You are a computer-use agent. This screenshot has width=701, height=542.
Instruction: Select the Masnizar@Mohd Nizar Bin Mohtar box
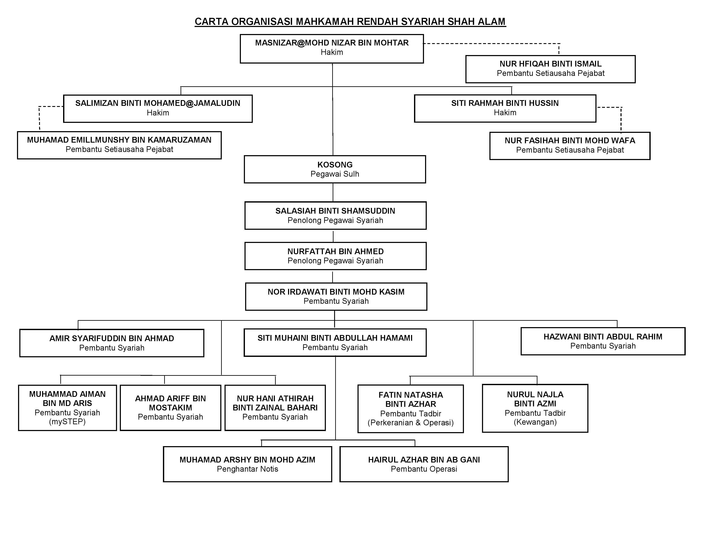[332, 49]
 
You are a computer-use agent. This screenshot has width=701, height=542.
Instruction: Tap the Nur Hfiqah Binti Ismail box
[550, 69]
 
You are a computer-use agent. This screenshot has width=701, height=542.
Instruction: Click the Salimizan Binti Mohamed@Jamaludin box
[158, 109]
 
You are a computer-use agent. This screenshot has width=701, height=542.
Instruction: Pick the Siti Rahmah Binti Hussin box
[505, 109]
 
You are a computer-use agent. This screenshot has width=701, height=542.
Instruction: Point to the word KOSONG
[335, 165]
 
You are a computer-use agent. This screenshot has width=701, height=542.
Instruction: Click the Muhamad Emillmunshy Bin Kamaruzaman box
[119, 145]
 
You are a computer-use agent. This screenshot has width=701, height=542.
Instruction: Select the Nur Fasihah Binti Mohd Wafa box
[570, 146]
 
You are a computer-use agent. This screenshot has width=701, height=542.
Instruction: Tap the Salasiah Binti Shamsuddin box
[335, 216]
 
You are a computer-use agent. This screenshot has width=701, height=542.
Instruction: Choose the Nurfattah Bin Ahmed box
[335, 256]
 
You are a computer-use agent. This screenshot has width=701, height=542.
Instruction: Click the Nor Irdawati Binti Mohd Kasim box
[336, 296]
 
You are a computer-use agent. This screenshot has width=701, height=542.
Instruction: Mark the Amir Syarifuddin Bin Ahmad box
[112, 343]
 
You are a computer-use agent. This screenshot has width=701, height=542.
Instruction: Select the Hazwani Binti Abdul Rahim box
[603, 341]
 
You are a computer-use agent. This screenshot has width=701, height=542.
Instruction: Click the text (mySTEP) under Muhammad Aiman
[67, 422]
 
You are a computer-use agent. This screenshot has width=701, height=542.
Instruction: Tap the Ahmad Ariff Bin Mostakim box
[170, 408]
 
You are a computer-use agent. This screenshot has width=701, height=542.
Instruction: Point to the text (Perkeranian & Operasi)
[411, 423]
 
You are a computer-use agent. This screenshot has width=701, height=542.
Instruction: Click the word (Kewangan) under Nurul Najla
[535, 422]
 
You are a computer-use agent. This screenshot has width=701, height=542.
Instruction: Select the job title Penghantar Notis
[247, 469]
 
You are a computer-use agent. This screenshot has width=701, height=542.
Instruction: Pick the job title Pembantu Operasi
[424, 469]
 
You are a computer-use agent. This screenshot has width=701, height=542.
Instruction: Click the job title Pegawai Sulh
[335, 174]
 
